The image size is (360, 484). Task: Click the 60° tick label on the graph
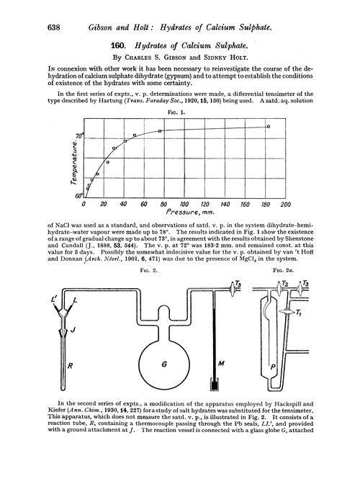point(80,195)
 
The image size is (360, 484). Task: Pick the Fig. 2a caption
point(298,269)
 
